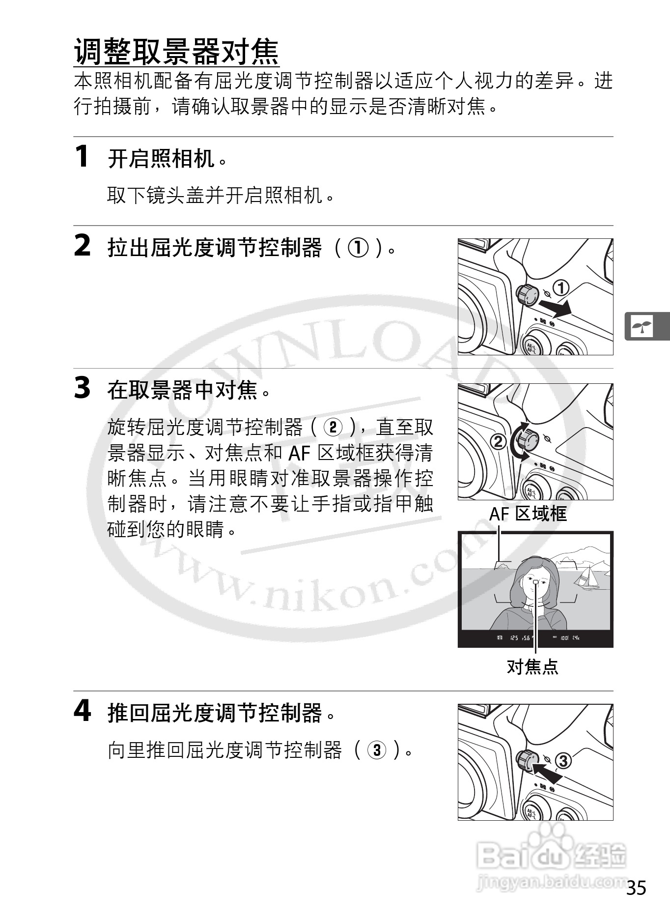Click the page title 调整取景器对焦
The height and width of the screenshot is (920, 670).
176,52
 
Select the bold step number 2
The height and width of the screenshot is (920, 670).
82,246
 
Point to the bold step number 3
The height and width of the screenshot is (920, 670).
82,388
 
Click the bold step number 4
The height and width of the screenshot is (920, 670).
82,711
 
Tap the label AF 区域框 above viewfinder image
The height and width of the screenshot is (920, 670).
528,514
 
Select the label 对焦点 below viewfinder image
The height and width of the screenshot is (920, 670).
532,666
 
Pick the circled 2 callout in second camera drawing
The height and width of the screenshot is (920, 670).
498,441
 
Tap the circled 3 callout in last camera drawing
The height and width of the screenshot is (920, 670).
563,761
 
